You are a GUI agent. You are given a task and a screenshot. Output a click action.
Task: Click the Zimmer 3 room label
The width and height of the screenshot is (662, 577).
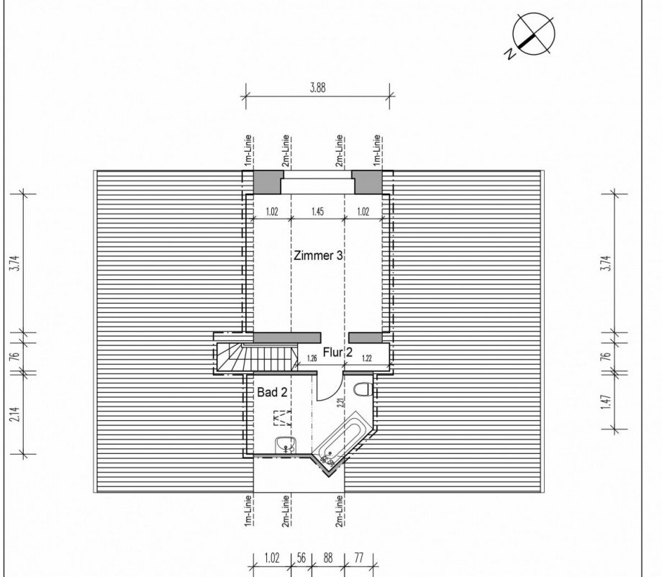(318, 256)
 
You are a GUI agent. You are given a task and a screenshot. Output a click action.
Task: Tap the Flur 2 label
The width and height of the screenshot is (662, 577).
(337, 352)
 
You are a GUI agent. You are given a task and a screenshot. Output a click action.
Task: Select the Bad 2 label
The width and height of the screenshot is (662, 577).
(272, 393)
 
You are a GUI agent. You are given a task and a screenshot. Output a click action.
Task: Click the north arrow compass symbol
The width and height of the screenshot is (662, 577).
(534, 33)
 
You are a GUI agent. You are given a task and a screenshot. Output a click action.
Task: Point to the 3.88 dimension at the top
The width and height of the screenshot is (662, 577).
(318, 88)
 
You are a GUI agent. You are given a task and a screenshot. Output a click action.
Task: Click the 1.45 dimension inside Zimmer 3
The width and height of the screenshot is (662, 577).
(317, 211)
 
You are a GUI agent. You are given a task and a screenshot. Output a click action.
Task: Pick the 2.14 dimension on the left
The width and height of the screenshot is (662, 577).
(16, 414)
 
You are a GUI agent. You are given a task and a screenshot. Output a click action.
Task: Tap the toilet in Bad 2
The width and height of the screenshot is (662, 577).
(363, 389)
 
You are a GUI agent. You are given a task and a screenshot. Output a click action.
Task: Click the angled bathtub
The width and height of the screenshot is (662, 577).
(340, 440)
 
